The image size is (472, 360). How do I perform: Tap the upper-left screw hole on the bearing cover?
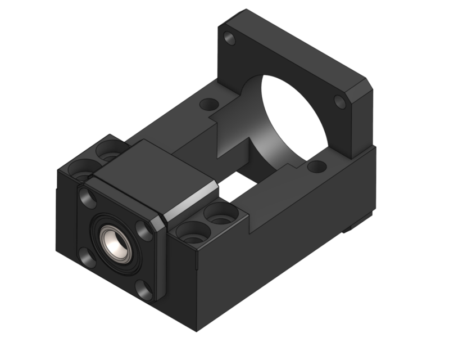(88, 196)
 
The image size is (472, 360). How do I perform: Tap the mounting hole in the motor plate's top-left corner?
(229, 39)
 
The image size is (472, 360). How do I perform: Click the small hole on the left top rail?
(209, 104)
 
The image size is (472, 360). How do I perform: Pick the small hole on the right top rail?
(316, 166)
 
